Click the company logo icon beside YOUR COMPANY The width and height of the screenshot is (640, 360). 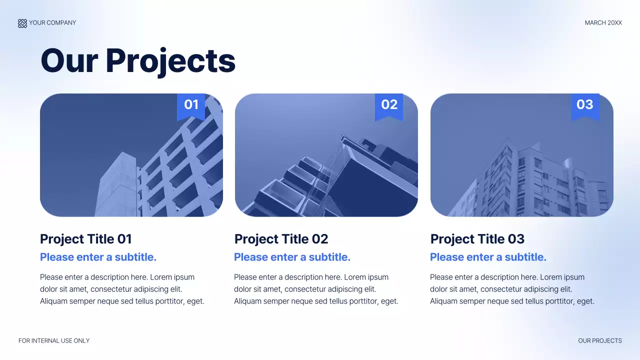coord(22,23)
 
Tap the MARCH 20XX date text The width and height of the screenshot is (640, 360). coord(603,23)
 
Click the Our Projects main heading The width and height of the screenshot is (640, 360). coord(137,60)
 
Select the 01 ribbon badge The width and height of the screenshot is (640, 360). coord(191,105)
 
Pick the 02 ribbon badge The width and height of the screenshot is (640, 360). coord(389,105)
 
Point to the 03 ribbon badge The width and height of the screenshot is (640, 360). coord(585,105)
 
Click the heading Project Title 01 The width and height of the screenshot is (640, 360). coord(85,239)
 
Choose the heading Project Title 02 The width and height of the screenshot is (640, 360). coord(281,239)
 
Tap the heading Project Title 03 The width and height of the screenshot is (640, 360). coord(477,239)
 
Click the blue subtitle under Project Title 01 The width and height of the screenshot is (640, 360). coord(98,257)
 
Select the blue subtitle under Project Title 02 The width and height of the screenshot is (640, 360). coord(292,257)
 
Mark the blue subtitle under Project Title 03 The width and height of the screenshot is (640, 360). coord(488,257)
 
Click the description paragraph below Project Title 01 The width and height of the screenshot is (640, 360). coord(122,289)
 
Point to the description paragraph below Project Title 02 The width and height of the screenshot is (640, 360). coord(316,289)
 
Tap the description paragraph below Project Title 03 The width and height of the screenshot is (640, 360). coord(512,289)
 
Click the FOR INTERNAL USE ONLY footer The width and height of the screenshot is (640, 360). coord(54,341)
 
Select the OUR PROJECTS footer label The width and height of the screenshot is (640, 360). coord(600,341)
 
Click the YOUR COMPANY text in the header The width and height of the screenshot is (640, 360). coord(52,23)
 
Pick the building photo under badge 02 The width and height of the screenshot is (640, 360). coord(326,165)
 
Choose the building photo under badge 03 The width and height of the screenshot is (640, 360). coord(521,165)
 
